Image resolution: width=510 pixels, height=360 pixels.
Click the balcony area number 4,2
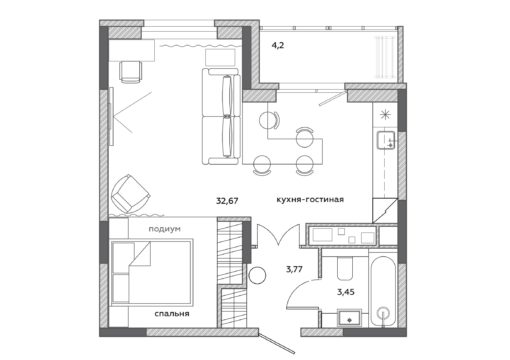277,45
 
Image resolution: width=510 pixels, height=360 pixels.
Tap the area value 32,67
227,201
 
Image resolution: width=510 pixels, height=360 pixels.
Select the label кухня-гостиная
310,200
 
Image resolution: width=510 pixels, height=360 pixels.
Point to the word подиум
164,229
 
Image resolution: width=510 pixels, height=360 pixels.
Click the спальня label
172,314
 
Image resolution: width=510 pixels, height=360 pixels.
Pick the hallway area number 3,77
294,269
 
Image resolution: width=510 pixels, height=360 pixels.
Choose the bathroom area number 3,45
346,292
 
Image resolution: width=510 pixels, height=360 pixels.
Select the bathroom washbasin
349,318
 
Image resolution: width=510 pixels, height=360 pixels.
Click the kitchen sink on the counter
386,140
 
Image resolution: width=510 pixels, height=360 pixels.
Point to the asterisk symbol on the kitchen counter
385,115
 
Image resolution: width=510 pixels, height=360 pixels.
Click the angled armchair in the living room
130,194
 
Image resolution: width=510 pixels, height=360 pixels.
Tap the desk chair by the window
130,72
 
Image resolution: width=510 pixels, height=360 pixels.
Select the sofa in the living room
221,116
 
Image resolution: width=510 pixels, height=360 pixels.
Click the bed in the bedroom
152,272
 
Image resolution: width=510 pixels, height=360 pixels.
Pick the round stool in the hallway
257,275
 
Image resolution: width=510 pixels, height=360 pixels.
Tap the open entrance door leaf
276,342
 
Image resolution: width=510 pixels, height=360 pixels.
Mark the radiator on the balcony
385,57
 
